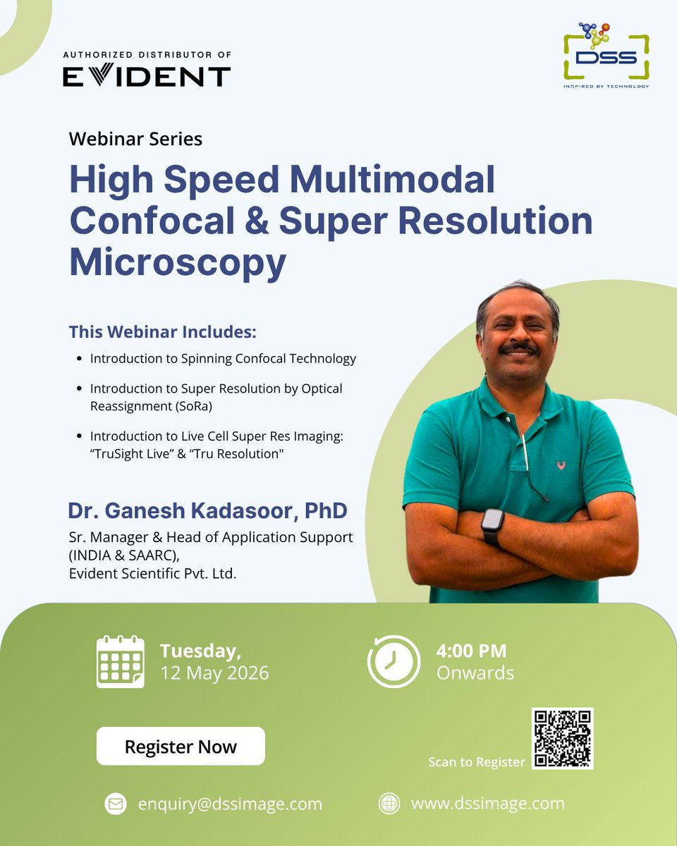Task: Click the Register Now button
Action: point(181,747)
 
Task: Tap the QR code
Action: point(562,738)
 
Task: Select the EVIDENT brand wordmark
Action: point(147,76)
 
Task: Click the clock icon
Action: point(394,661)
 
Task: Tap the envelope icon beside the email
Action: point(114,804)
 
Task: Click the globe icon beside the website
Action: point(389,804)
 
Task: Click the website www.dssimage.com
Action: point(488,803)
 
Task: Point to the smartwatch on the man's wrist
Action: point(493,526)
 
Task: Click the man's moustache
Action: point(518,348)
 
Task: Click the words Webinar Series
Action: point(135,139)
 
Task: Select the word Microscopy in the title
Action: point(178,262)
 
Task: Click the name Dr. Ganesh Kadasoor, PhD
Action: point(207,511)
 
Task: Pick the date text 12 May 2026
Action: point(214,673)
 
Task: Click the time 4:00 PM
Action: point(471,651)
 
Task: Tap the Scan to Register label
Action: point(477,762)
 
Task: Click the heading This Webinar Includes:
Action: point(162,331)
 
